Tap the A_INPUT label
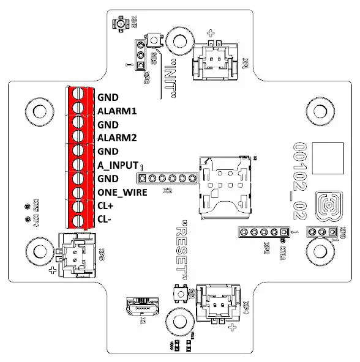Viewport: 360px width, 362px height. coord(117,164)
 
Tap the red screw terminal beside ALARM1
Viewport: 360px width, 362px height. coord(78,110)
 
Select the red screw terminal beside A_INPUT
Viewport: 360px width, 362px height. coord(78,164)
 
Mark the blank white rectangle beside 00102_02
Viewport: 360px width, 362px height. coord(324,158)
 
